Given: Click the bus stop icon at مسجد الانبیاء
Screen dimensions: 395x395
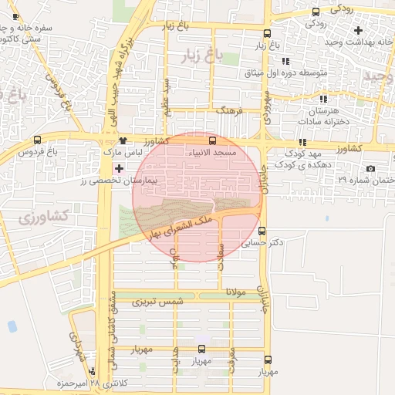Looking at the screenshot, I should coord(213,140).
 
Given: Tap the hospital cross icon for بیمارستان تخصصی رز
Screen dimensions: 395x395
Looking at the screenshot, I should coord(118,167).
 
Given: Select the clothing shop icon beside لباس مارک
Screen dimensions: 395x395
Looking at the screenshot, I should coord(123,141).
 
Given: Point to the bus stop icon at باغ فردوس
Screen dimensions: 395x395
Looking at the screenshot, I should coord(38,140).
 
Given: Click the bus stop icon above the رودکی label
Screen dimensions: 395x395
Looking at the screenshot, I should coord(316,12).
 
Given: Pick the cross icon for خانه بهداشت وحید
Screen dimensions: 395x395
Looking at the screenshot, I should coord(357,30).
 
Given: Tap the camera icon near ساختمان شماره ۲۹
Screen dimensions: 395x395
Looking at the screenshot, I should coord(371,168).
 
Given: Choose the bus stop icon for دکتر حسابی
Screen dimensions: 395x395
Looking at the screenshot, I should coord(262,231).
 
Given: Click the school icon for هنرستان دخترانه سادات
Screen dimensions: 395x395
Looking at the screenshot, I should coord(322,99).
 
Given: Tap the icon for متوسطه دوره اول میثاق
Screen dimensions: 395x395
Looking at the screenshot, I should coord(285,61).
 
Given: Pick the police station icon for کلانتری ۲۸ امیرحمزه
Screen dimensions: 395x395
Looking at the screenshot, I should coord(93,373).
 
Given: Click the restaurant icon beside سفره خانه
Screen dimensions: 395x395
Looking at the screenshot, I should coord(16,16).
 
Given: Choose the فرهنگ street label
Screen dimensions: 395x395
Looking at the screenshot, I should coord(229,111).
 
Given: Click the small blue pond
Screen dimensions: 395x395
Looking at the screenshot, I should coord(12,326).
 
